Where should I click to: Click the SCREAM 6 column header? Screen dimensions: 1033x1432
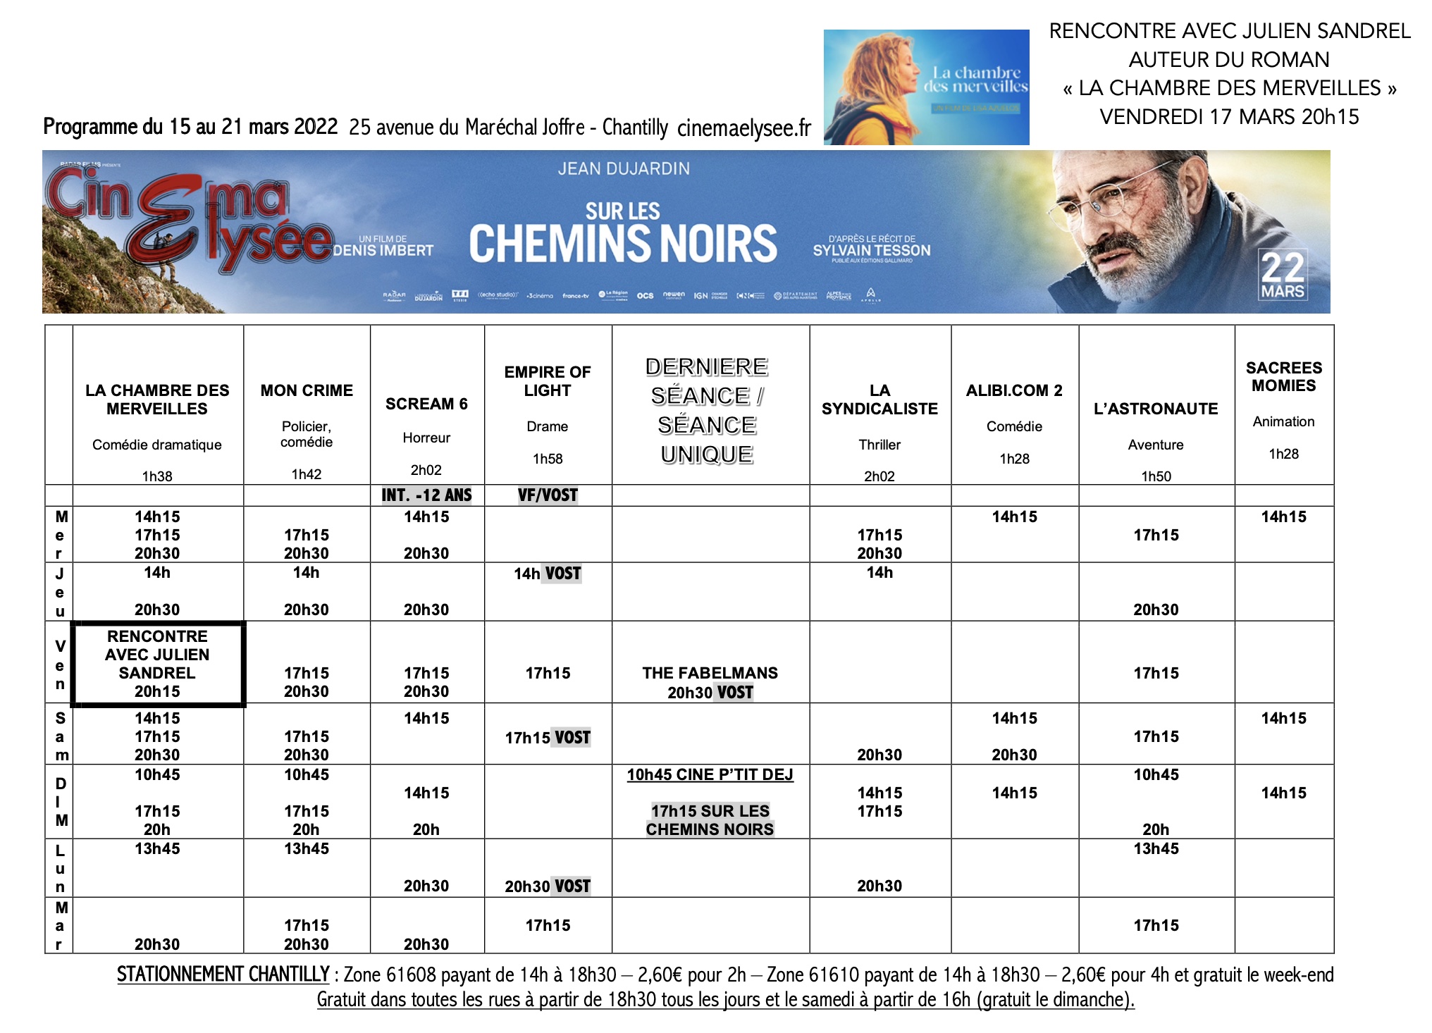point(426,404)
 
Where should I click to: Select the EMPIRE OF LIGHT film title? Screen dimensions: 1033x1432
point(548,381)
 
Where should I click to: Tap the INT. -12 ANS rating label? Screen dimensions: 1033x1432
point(426,495)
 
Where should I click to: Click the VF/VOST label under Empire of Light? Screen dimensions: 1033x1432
point(548,495)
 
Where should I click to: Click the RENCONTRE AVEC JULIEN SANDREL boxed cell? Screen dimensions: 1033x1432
point(157,664)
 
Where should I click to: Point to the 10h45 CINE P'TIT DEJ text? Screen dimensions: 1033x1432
point(710,775)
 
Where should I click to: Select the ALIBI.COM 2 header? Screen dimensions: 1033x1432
point(1014,390)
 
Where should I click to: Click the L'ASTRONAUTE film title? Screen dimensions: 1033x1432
point(1156,409)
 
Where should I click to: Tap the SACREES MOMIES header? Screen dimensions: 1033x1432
point(1283,376)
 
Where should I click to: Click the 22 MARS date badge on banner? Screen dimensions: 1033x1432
point(1283,276)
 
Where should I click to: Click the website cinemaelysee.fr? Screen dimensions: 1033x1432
point(743,128)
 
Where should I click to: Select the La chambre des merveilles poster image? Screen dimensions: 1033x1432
point(926,87)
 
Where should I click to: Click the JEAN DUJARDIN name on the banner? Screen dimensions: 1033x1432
point(624,169)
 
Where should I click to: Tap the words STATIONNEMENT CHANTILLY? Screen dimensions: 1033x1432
point(223,975)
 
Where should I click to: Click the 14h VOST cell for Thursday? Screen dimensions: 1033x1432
point(548,574)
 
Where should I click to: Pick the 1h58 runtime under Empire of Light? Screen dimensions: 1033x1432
point(548,459)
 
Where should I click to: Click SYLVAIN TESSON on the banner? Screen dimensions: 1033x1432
point(872,250)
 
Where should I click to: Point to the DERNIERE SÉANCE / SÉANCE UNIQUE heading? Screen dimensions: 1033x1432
point(707,410)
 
